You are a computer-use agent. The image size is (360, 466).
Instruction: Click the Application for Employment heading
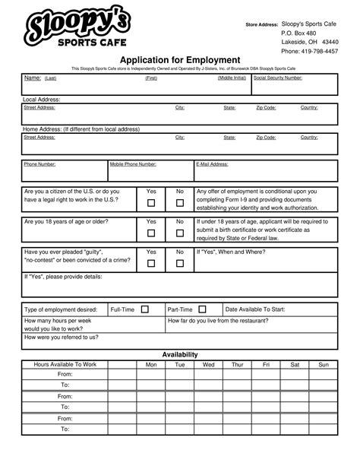(x=180, y=60)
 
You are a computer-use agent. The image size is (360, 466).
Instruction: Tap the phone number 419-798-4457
(x=320, y=52)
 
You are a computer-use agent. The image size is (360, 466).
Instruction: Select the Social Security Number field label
(x=278, y=78)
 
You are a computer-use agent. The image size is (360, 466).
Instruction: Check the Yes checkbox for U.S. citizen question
(x=151, y=203)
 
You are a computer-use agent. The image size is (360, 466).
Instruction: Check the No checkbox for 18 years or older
(x=180, y=233)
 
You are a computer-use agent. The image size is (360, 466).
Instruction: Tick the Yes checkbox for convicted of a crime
(x=151, y=263)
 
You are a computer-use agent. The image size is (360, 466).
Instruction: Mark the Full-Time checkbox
(x=144, y=309)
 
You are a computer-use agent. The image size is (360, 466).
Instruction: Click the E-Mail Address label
(x=212, y=163)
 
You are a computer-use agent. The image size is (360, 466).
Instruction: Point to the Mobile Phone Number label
(x=133, y=163)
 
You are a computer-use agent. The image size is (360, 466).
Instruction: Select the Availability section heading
(x=180, y=354)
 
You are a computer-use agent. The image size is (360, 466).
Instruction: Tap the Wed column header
(x=208, y=365)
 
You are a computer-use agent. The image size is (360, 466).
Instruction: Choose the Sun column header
(x=324, y=365)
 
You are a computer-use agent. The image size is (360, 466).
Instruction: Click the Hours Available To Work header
(x=65, y=365)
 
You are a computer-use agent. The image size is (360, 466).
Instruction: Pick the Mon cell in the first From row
(x=151, y=375)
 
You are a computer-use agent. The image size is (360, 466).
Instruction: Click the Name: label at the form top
(x=33, y=78)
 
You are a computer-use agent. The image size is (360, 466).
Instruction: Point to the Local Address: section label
(x=42, y=100)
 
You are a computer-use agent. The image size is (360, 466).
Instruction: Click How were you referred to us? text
(x=62, y=337)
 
